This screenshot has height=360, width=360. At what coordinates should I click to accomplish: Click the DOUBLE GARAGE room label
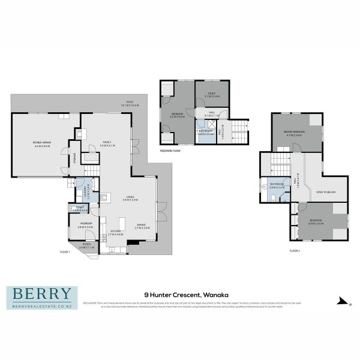pyautogui.click(x=41, y=142)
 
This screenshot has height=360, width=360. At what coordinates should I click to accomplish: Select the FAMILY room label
pyautogui.click(x=106, y=142)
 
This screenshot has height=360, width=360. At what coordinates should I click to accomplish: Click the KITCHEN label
pyautogui.click(x=115, y=232)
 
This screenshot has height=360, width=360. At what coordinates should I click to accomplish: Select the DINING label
pyautogui.click(x=141, y=225)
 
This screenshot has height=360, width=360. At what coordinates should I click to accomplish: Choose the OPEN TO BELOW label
pyautogui.click(x=325, y=192)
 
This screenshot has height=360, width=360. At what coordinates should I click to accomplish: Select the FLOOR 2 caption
pyautogui.click(x=294, y=250)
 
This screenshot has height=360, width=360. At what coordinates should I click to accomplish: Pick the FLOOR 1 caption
pyautogui.click(x=65, y=251)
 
